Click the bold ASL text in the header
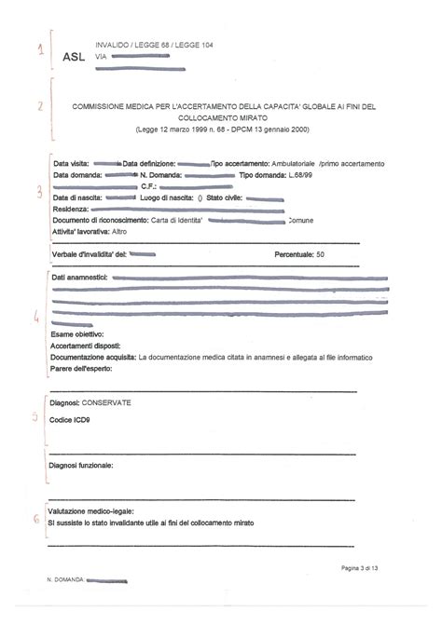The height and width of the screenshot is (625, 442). pyautogui.click(x=73, y=57)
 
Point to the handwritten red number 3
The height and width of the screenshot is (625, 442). pyautogui.click(x=38, y=193)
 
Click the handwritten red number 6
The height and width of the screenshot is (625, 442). pyautogui.click(x=36, y=519)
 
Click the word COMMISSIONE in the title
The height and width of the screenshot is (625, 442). pyautogui.click(x=104, y=107)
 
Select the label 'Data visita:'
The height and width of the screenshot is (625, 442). pyautogui.click(x=72, y=164)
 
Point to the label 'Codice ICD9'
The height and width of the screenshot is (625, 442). pyautogui.click(x=70, y=420)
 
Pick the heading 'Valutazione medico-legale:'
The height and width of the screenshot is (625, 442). pyautogui.click(x=91, y=511)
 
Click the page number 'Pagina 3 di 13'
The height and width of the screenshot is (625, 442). pyautogui.click(x=366, y=567)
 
